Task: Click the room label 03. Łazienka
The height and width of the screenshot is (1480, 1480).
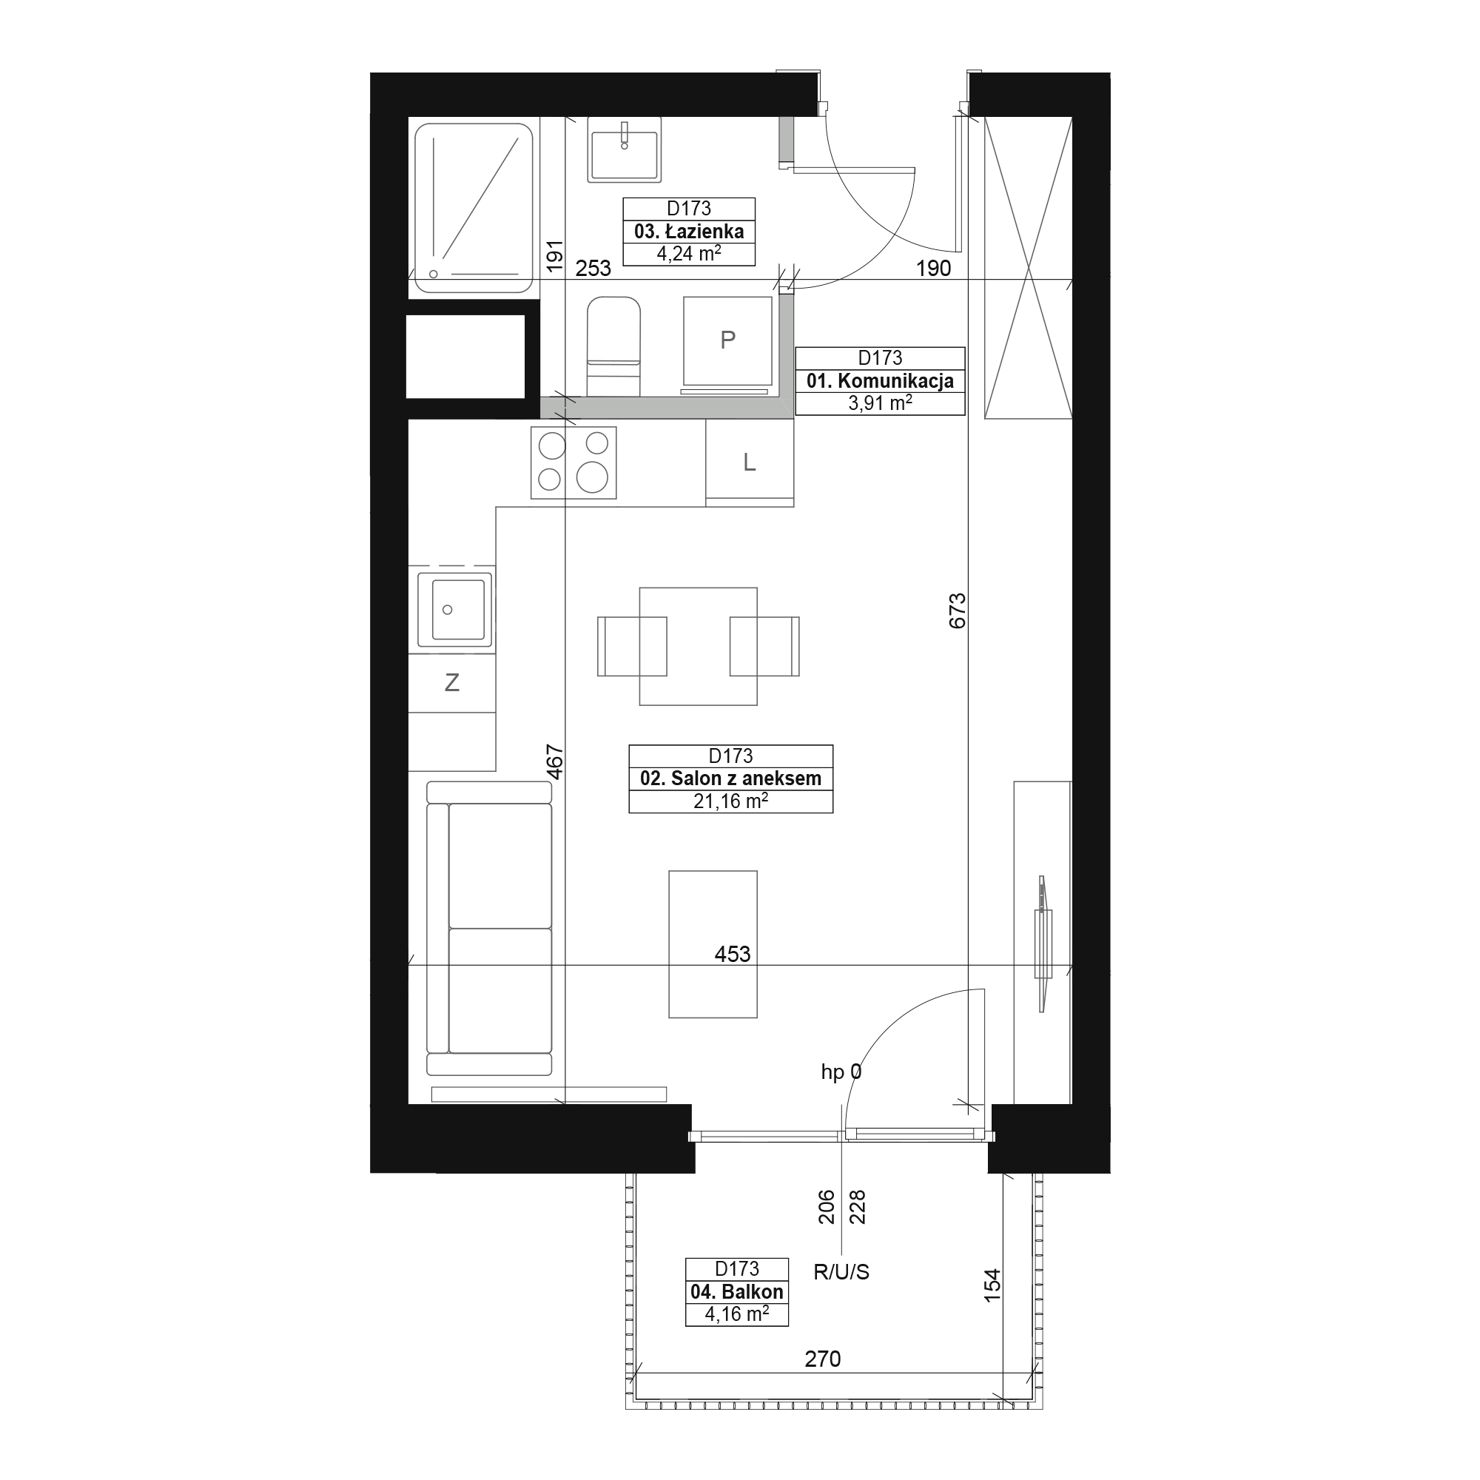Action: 689,232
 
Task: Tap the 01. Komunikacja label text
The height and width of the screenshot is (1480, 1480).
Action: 880,380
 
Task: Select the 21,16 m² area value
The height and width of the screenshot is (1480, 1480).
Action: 731,801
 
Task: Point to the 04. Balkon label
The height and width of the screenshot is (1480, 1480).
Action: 737,1291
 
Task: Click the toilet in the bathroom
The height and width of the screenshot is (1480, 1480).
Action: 613,346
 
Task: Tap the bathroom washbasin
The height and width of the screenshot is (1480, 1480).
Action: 625,149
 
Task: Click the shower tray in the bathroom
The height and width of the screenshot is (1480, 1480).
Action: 474,208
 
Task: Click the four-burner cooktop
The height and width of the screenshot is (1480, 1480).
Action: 573,462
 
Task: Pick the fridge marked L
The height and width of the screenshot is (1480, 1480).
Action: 750,462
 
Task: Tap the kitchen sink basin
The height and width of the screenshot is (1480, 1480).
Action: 455,610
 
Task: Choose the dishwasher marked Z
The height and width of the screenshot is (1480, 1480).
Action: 452,682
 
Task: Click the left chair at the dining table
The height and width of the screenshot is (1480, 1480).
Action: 632,647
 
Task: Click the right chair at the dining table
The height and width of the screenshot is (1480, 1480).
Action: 764,647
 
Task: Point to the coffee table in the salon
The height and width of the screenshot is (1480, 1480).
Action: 713,944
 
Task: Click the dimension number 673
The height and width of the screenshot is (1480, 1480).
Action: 958,611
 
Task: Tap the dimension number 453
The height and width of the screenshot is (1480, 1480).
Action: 733,954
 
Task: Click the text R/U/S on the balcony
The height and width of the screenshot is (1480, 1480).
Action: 841,1272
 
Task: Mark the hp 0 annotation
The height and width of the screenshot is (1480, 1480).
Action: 841,1072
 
